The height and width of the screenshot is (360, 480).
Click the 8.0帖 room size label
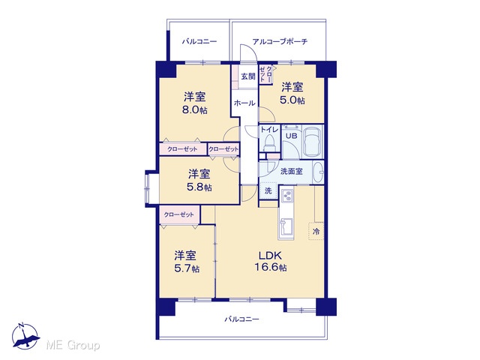click(x=195, y=109)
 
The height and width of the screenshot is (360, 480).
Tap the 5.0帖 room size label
click(x=292, y=100)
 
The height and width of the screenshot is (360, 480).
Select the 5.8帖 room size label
click(x=199, y=187)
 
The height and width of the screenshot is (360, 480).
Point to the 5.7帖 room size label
click(x=187, y=268)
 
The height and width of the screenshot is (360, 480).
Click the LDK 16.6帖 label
click(x=271, y=261)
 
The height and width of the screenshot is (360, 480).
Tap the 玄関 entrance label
click(x=248, y=76)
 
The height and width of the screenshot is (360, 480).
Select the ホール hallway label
click(x=244, y=103)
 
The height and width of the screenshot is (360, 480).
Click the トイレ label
click(x=269, y=130)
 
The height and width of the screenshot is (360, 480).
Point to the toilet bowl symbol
click(x=269, y=143)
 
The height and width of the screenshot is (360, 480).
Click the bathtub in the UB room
click(x=312, y=142)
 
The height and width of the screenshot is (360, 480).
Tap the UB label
click(x=291, y=136)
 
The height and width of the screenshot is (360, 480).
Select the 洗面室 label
click(x=292, y=172)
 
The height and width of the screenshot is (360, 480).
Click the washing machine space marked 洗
click(x=268, y=190)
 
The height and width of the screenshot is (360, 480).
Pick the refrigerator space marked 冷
click(x=316, y=231)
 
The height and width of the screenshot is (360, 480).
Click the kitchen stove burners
click(x=286, y=195)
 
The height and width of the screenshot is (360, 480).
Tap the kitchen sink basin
click(x=286, y=226)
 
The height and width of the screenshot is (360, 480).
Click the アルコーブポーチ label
click(x=280, y=41)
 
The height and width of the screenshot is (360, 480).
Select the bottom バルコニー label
click(x=241, y=319)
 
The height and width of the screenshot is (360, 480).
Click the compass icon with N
click(x=25, y=337)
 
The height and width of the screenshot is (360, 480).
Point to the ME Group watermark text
click(x=73, y=345)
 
